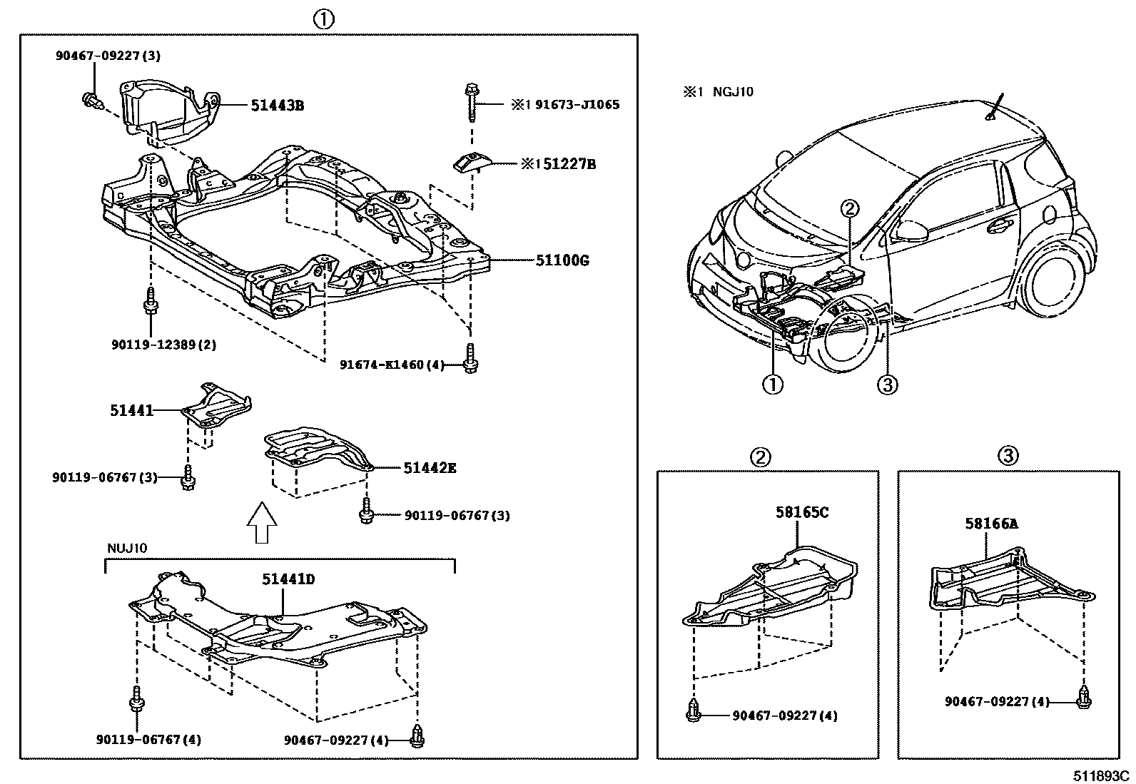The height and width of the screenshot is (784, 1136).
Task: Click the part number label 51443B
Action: click(x=277, y=106)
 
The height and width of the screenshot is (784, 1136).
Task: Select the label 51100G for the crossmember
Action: click(x=562, y=260)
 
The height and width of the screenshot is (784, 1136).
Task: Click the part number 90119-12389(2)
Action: click(x=163, y=345)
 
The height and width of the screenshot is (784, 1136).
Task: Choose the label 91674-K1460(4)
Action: click(x=392, y=365)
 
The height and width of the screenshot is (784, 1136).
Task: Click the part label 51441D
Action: click(x=288, y=579)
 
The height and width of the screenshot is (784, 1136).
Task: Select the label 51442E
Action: click(x=430, y=468)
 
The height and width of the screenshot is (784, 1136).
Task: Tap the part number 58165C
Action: click(x=802, y=511)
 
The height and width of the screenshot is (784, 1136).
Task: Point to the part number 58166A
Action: click(x=991, y=524)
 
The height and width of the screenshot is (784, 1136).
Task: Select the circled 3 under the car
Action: click(x=886, y=385)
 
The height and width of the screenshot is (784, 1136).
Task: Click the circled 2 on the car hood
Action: click(x=850, y=208)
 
